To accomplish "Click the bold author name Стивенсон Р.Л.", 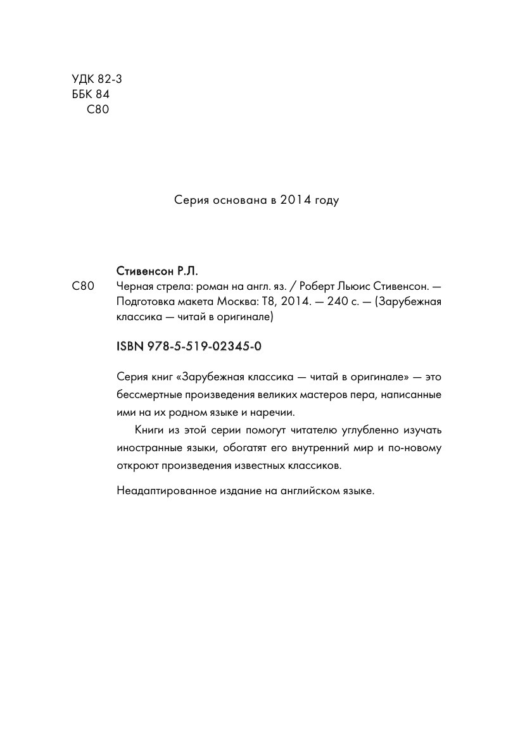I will click(158, 271).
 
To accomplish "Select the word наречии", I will click(272, 411).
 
